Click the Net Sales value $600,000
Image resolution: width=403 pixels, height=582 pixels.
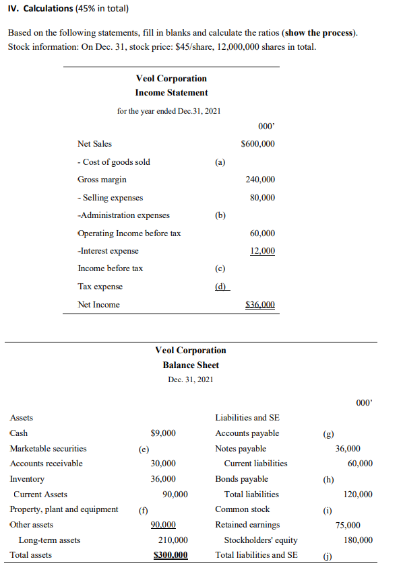click(x=257, y=144)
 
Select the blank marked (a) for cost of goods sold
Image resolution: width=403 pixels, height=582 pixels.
click(x=220, y=162)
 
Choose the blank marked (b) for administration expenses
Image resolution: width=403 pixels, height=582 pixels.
click(x=220, y=216)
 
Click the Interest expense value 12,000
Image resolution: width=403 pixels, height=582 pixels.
click(x=262, y=251)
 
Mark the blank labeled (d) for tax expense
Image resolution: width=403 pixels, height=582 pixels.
click(x=220, y=287)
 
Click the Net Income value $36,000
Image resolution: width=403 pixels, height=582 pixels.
click(x=260, y=305)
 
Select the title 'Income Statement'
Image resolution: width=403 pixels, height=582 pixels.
click(x=171, y=93)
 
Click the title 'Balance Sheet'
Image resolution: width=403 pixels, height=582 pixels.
click(x=191, y=365)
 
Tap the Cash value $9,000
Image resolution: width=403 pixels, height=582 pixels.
click(x=163, y=433)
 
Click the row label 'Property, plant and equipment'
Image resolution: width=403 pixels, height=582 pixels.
click(x=64, y=509)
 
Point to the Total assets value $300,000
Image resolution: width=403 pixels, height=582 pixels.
click(x=170, y=555)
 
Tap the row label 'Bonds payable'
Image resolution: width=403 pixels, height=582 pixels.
click(x=241, y=479)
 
